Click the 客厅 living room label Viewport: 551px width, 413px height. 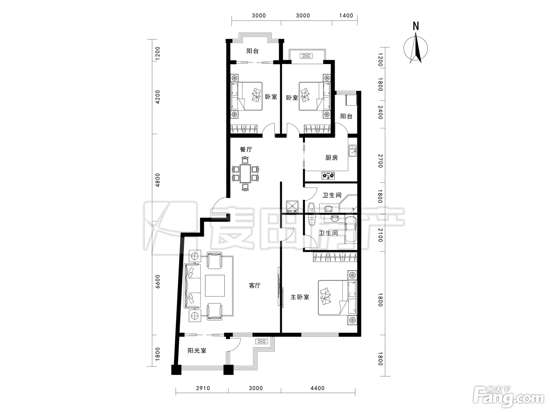(x=255, y=286)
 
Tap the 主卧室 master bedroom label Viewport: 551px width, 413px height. (x=300, y=297)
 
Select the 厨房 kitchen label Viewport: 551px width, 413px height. (x=332, y=158)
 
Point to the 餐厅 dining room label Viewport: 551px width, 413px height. (x=246, y=149)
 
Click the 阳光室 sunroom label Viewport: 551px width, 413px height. (x=197, y=350)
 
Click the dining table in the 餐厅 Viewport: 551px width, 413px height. (x=245, y=173)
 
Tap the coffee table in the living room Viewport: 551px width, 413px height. (x=215, y=286)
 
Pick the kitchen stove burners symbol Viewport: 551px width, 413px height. (x=328, y=175)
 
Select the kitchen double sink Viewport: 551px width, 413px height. (x=352, y=151)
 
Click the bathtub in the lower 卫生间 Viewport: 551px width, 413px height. (x=351, y=230)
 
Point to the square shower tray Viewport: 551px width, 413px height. (x=292, y=206)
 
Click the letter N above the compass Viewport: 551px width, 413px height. (x=416, y=26)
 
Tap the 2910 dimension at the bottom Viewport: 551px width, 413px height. (x=203, y=389)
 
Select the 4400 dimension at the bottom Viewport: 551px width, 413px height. (x=318, y=389)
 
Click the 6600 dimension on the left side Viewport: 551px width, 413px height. (x=157, y=281)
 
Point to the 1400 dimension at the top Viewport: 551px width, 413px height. (x=346, y=16)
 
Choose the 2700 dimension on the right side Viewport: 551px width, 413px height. (x=381, y=161)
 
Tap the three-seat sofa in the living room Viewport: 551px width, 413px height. (x=192, y=286)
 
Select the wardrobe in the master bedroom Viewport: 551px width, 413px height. (x=335, y=257)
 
